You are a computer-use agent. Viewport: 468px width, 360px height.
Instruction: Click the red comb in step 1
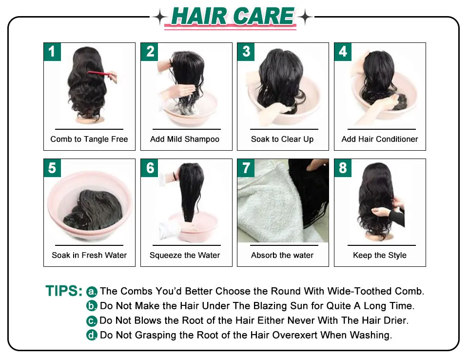(99, 74)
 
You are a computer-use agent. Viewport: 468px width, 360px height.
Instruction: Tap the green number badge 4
(343, 52)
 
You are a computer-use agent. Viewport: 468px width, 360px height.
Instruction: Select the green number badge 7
(246, 168)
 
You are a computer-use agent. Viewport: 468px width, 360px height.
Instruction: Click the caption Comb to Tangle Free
(89, 139)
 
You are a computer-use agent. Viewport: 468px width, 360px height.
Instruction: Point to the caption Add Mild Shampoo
(185, 139)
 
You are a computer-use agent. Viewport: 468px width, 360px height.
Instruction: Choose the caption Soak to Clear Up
(282, 139)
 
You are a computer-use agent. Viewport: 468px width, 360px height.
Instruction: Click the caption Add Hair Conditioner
(380, 139)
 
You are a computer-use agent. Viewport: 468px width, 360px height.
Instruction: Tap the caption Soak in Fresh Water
(89, 255)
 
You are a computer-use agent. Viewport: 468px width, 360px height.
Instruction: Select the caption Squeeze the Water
(185, 256)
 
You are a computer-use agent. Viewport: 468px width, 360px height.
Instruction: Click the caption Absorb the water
(282, 255)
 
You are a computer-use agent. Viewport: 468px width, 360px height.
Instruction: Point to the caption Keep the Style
(380, 256)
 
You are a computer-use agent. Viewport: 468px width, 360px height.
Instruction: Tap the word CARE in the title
(264, 16)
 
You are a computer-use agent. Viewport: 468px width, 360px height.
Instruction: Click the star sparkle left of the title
(160, 17)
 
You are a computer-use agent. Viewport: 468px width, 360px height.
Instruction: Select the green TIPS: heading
(64, 291)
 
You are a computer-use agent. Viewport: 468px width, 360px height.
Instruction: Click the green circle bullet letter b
(92, 306)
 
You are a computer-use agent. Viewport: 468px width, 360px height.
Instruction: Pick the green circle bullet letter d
(92, 335)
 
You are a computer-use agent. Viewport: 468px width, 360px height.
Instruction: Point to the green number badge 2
(149, 52)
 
